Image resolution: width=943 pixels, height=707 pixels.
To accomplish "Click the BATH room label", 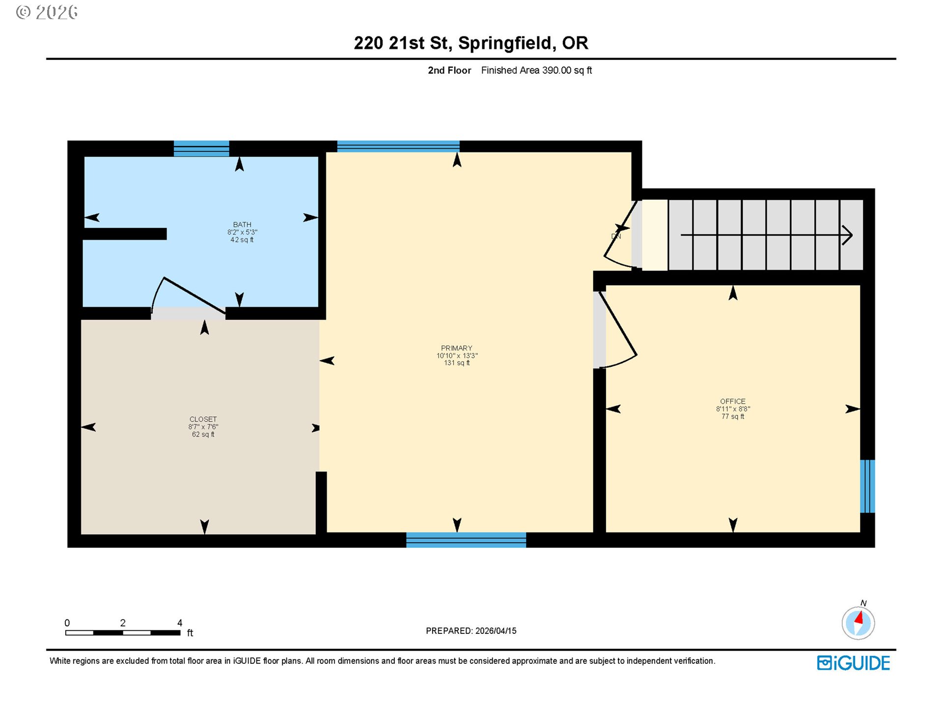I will point(242,225).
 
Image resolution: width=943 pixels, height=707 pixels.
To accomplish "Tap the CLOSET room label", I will point(203,419).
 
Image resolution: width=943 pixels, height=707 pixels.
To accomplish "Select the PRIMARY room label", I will point(456,348).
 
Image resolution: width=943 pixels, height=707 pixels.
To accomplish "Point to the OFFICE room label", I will point(732,401).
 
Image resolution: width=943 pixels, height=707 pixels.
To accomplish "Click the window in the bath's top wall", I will point(201,148).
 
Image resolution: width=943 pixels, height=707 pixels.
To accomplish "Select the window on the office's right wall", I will point(867,486).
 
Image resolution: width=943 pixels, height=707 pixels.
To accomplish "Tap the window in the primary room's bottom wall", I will point(466,540).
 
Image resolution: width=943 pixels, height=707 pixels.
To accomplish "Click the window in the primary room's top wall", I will point(398,146).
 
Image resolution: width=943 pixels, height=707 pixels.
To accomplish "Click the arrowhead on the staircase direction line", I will point(847,235).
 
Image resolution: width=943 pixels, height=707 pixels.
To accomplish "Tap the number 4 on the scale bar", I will point(180,623).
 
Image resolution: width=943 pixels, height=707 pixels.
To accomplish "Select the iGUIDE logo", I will point(853,663).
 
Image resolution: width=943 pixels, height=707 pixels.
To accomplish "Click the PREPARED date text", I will point(471,631).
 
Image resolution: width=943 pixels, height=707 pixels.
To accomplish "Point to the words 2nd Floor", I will point(449,70).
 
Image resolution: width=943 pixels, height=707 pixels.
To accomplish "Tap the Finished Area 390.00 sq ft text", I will point(536,70).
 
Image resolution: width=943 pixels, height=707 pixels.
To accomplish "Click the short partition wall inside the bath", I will point(125,234).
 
